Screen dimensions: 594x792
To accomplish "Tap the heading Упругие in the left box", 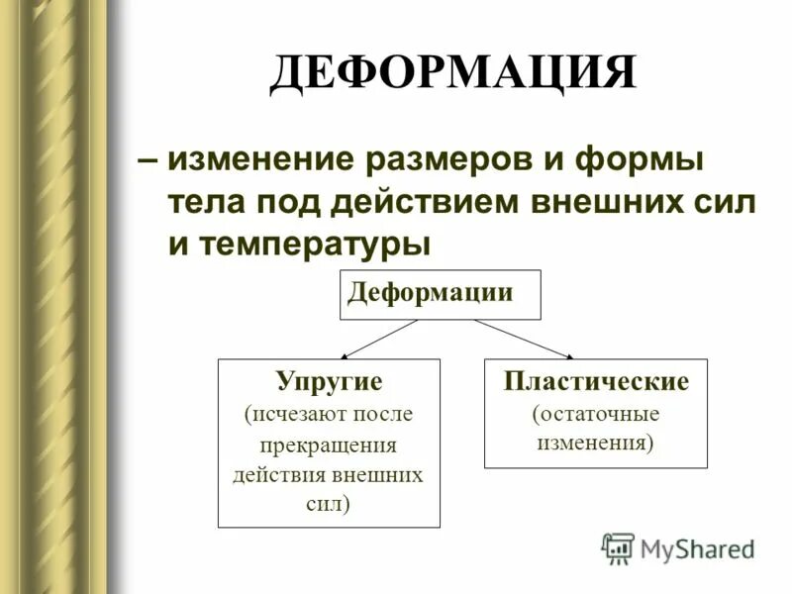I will [329, 380].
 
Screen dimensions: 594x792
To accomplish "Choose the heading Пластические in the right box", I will [596, 380].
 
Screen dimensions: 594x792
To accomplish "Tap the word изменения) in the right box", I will [596, 443].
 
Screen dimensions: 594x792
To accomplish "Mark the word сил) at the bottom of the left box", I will [329, 503].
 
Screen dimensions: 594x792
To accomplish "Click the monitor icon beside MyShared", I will [618, 547].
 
